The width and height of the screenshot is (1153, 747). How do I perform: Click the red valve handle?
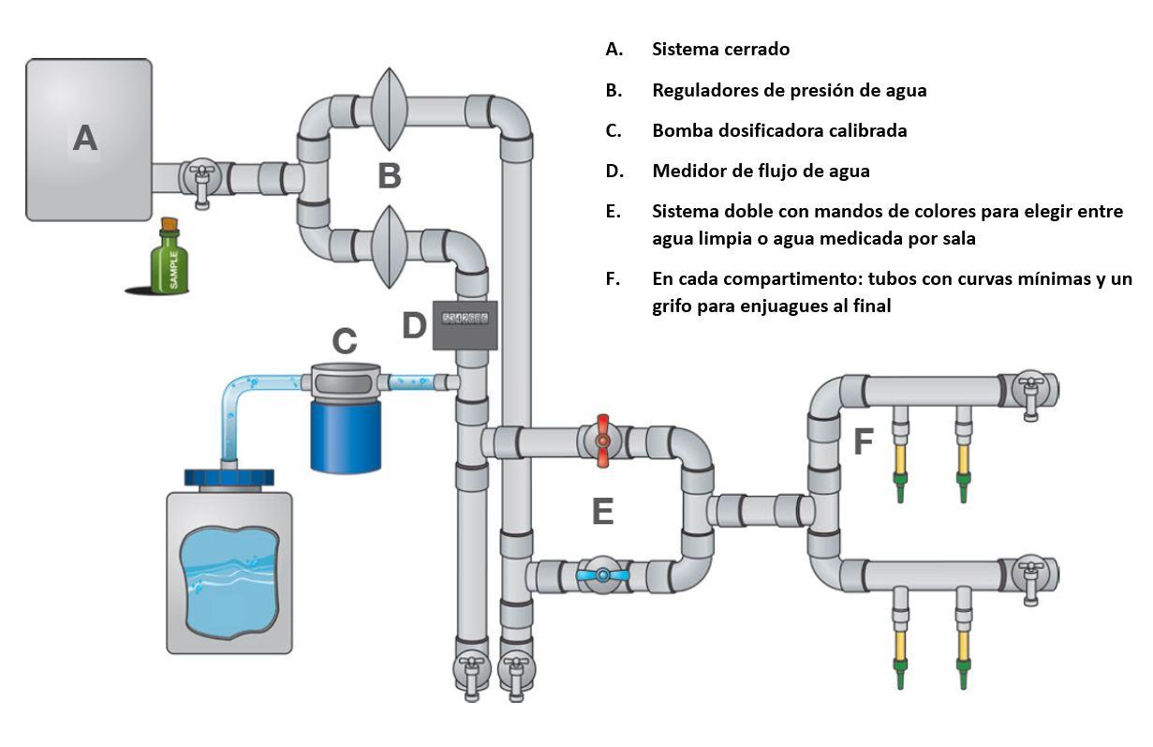602,438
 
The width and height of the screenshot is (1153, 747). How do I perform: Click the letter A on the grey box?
85,139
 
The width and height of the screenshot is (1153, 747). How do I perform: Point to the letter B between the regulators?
390,174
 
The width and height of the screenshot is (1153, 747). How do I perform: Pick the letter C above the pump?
345,341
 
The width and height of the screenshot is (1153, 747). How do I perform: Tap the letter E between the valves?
602,512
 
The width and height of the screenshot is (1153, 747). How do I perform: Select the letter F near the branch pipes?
864,441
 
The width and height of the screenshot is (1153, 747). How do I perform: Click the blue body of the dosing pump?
346,436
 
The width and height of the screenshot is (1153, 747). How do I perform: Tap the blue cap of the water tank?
229,478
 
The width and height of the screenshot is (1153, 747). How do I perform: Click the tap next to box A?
200,178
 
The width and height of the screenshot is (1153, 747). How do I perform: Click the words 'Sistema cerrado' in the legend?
720,50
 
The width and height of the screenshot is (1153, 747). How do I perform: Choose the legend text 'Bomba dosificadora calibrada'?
779,130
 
